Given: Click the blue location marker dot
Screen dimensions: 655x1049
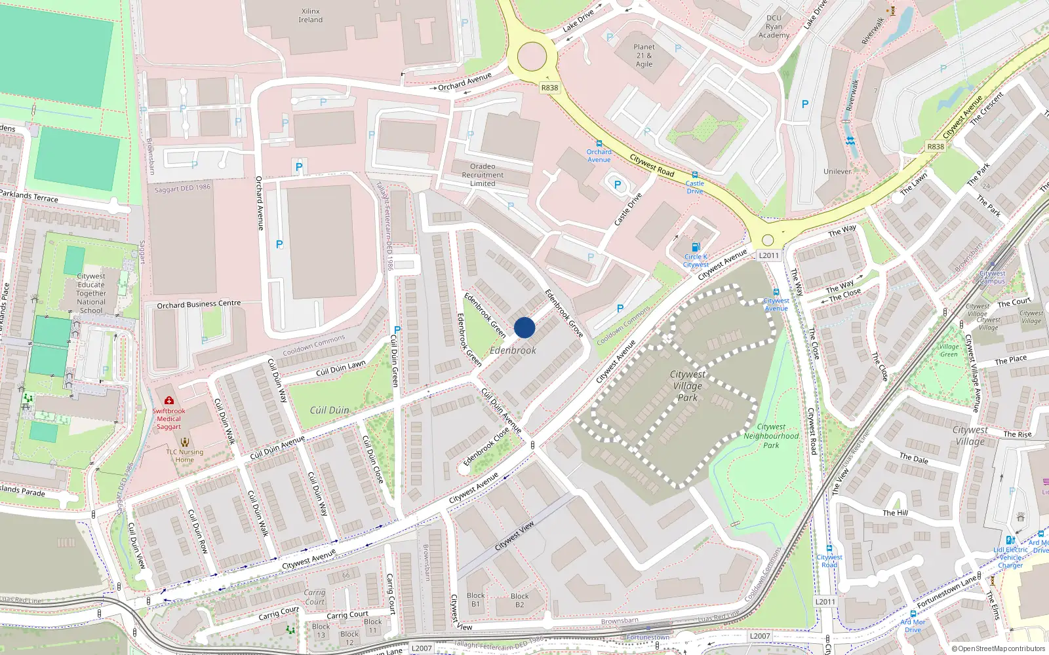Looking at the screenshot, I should (x=524, y=327).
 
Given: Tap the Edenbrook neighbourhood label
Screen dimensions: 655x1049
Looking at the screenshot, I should (x=513, y=350).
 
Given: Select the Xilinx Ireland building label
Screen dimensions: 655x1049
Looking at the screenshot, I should (x=311, y=16).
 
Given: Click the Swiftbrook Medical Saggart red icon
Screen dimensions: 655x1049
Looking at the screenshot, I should (x=169, y=400).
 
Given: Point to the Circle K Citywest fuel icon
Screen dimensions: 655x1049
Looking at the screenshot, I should (x=696, y=248).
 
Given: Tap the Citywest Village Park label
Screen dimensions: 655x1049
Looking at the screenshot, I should (x=688, y=386).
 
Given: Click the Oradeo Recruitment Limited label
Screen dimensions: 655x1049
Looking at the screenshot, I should (x=483, y=175).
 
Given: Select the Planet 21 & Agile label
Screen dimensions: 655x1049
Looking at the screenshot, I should (x=644, y=56).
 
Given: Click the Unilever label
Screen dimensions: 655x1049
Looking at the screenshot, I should (x=837, y=172).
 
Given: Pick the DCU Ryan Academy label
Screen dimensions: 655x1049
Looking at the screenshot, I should (x=774, y=27).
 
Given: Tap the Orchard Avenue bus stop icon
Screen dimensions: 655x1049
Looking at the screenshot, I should (x=599, y=143).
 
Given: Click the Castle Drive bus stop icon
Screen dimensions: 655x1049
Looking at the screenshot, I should (x=695, y=175).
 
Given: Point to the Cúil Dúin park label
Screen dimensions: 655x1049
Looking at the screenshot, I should (x=329, y=410).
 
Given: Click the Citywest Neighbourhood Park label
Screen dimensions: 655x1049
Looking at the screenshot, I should (x=771, y=436).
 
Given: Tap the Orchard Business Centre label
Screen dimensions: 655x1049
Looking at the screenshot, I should (x=199, y=305).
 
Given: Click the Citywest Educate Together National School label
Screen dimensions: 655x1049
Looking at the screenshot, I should (x=91, y=293).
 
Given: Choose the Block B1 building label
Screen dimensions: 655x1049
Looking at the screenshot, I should (x=476, y=600).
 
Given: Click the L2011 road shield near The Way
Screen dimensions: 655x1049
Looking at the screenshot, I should (x=768, y=255).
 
